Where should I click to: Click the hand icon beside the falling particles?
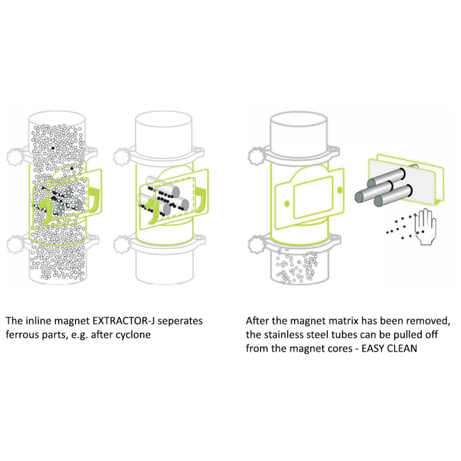[428, 227]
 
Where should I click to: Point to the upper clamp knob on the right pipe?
[255, 156]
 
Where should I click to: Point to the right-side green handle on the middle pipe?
[201, 197]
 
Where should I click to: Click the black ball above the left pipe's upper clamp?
[52, 148]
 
